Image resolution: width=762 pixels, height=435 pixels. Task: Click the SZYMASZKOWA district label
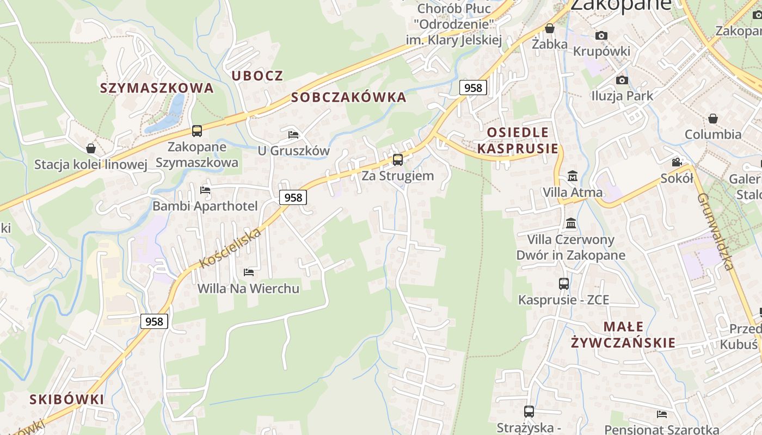pyautogui.click(x=157, y=88)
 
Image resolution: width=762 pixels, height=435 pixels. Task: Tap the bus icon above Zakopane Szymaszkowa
pyautogui.click(x=197, y=131)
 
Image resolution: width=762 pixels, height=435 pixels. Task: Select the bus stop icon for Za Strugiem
pyautogui.click(x=398, y=160)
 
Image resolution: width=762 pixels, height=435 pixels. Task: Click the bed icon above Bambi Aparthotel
pyautogui.click(x=205, y=190)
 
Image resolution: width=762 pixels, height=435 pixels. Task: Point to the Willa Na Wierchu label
pyautogui.click(x=248, y=288)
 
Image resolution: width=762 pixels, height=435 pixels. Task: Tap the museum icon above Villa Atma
pyautogui.click(x=573, y=176)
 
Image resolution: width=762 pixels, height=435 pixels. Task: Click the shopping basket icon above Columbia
pyautogui.click(x=713, y=119)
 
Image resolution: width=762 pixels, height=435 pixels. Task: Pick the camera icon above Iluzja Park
pyautogui.click(x=622, y=80)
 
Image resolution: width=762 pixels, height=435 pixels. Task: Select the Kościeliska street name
pyautogui.click(x=230, y=248)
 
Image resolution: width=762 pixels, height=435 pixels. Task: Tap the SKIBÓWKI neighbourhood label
pyautogui.click(x=66, y=399)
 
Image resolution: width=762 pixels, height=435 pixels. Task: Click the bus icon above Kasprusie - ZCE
pyautogui.click(x=564, y=284)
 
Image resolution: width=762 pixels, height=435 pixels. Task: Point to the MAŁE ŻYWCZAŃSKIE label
pyautogui.click(x=624, y=334)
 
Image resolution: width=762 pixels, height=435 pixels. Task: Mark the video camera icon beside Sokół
pyautogui.click(x=677, y=162)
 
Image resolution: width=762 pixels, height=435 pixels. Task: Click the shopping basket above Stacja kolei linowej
pyautogui.click(x=91, y=148)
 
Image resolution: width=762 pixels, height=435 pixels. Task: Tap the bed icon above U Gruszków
pyautogui.click(x=293, y=134)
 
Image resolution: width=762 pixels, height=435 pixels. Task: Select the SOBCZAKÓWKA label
pyautogui.click(x=349, y=97)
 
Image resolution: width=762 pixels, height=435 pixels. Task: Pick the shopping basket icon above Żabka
pyautogui.click(x=550, y=28)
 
